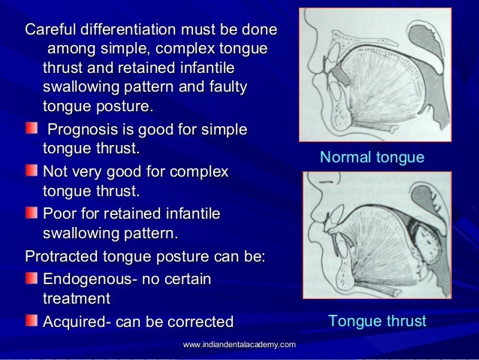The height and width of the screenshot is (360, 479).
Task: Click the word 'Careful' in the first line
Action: [51, 32]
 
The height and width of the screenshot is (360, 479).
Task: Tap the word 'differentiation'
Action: [129, 32]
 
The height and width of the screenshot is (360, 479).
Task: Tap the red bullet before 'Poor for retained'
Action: [31, 215]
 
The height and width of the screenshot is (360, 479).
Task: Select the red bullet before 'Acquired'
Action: [31, 322]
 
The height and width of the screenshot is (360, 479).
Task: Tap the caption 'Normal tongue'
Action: [372, 159]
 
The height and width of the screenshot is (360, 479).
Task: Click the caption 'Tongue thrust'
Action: [377, 322]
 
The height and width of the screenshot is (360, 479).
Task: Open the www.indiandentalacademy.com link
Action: [239, 344]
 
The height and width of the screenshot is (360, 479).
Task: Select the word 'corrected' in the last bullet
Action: [200, 322]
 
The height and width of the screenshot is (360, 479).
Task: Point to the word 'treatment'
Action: [76, 298]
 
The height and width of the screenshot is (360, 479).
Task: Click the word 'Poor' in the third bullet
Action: [60, 215]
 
